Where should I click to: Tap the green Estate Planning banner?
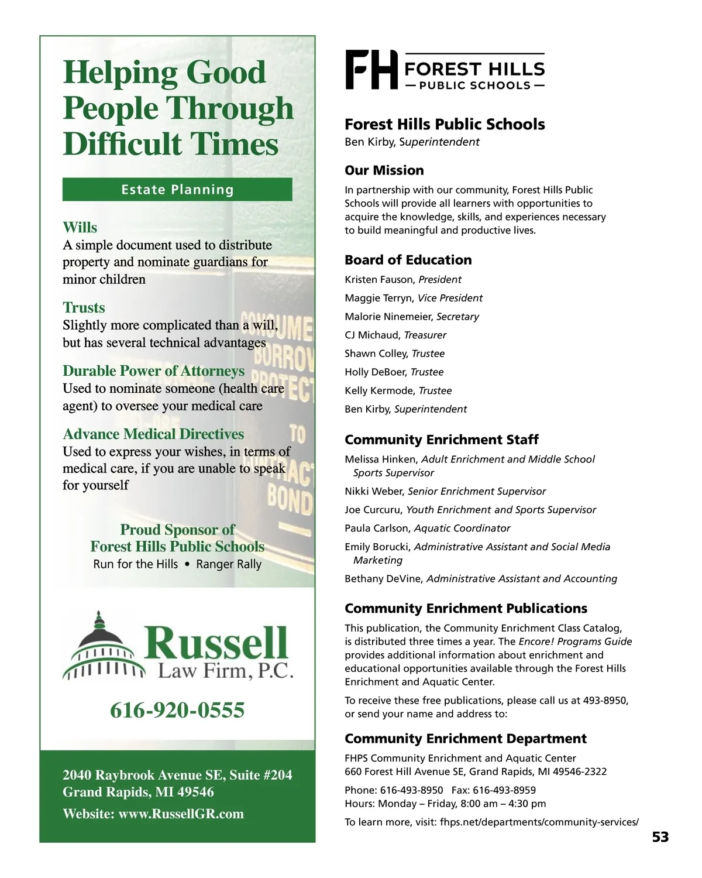177,190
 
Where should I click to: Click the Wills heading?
80,228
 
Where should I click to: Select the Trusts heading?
84,308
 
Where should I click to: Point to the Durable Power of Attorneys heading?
154,371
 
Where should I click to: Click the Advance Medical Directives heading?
153,434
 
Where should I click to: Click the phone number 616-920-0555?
177,710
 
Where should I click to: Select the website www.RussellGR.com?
181,814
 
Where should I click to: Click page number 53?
660,837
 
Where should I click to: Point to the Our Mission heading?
384,170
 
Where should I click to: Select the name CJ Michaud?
372,335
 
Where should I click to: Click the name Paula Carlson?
377,529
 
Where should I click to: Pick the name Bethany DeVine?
383,579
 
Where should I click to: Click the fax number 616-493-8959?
504,790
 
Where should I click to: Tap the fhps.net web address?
539,822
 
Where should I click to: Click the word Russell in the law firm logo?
216,643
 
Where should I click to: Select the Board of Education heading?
408,260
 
